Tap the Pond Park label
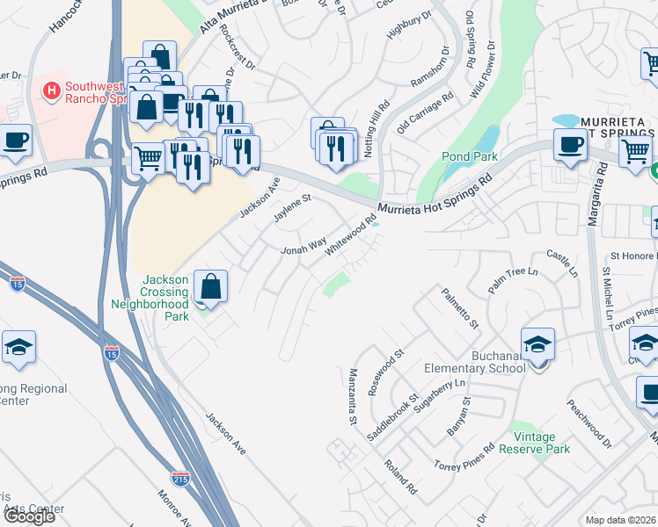click(470, 156)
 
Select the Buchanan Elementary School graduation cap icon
click(537, 343)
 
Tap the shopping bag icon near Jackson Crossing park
click(210, 285)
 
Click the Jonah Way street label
click(303, 245)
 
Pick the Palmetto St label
click(460, 307)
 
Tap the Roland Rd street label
click(400, 474)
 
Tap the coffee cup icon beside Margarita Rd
click(570, 144)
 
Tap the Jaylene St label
click(293, 209)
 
